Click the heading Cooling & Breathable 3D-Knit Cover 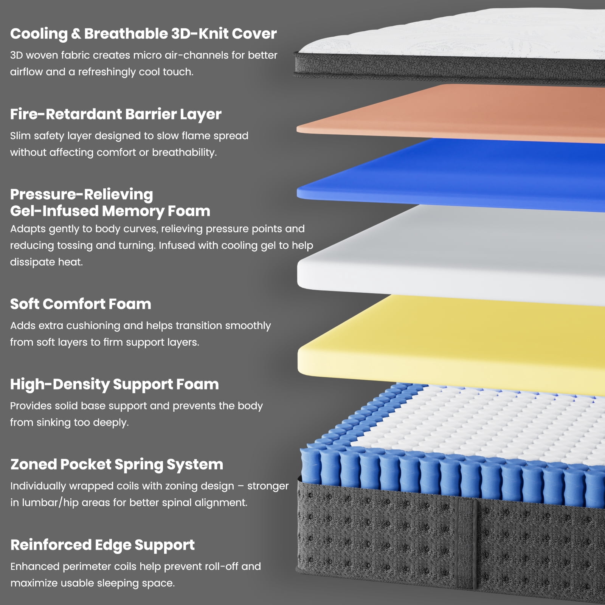pyautogui.click(x=143, y=34)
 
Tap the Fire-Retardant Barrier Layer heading pyautogui.click(x=116, y=114)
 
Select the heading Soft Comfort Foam pyautogui.click(x=81, y=304)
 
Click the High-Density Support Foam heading pyautogui.click(x=115, y=385)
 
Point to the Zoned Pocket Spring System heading pyautogui.click(x=117, y=465)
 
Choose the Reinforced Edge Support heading pyautogui.click(x=102, y=545)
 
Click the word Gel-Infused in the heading pyautogui.click(x=54, y=211)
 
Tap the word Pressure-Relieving pyautogui.click(x=82, y=194)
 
